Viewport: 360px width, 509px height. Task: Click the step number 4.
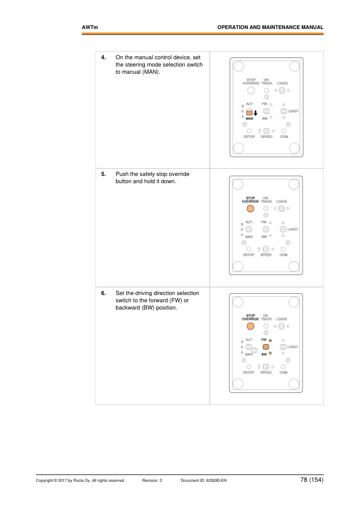point(103,57)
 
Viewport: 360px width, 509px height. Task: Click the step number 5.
point(103,174)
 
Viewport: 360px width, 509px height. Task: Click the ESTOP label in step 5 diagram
point(248,255)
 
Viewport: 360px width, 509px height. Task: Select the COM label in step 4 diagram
point(284,137)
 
